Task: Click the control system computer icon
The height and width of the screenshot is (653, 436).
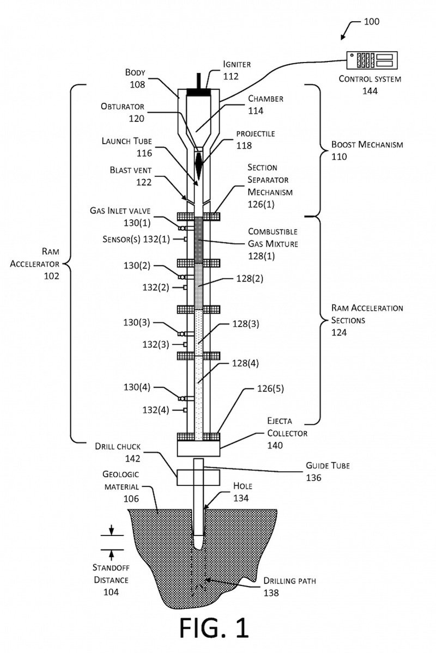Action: [x=372, y=59]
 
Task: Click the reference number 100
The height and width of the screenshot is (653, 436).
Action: [x=371, y=22]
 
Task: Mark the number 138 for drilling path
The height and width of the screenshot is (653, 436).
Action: [x=271, y=593]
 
